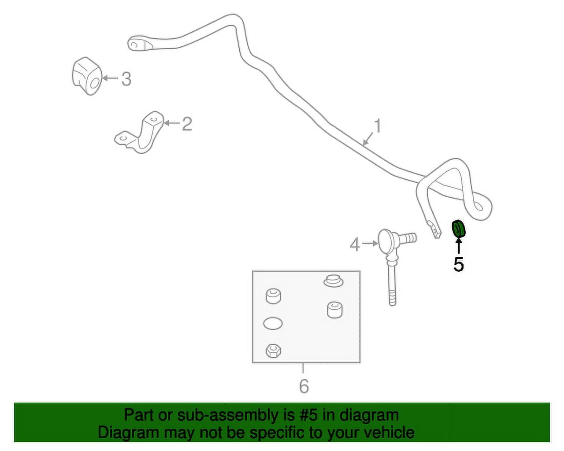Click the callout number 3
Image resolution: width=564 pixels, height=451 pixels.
pyautogui.click(x=126, y=79)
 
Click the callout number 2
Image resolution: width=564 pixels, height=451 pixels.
pyautogui.click(x=187, y=124)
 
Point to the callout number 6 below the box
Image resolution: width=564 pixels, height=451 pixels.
pyautogui.click(x=304, y=386)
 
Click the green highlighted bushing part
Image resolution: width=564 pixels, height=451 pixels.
pyautogui.click(x=459, y=229)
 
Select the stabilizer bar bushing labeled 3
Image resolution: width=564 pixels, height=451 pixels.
pyautogui.click(x=86, y=76)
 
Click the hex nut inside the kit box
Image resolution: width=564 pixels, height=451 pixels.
pyautogui.click(x=273, y=351)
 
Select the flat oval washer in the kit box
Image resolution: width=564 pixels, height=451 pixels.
pyautogui.click(x=273, y=323)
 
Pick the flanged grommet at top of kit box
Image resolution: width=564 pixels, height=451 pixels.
pyautogui.click(x=334, y=281)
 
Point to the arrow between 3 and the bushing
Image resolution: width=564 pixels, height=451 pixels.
pyautogui.click(x=111, y=78)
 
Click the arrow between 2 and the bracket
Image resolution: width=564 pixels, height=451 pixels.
pyautogui.click(x=172, y=122)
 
